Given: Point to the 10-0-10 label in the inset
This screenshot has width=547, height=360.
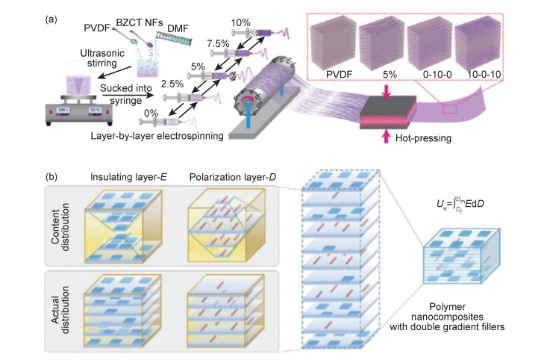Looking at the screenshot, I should point(478,77).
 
